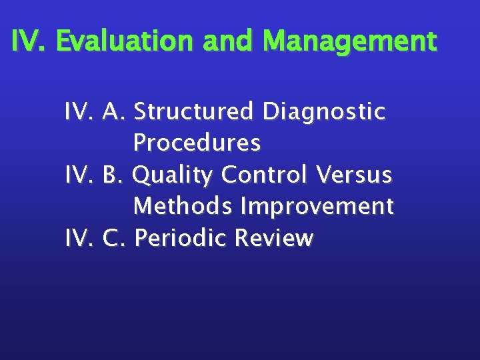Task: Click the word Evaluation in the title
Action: pos(125,41)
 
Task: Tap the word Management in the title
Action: pos(350,41)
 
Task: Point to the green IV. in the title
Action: pos(29,41)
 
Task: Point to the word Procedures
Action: pos(197,142)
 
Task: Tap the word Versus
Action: pos(354,175)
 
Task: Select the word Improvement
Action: pos(317,207)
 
